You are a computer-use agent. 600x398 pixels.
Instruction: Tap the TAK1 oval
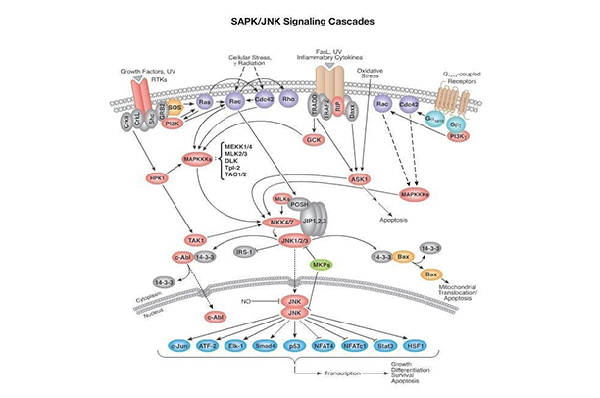coord(195,240)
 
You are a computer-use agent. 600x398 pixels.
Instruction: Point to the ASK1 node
coord(362,180)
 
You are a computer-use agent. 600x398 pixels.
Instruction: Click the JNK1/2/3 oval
coord(293,239)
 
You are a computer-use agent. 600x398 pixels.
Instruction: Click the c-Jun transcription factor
coord(178,348)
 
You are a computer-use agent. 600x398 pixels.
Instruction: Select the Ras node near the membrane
coord(206,102)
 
